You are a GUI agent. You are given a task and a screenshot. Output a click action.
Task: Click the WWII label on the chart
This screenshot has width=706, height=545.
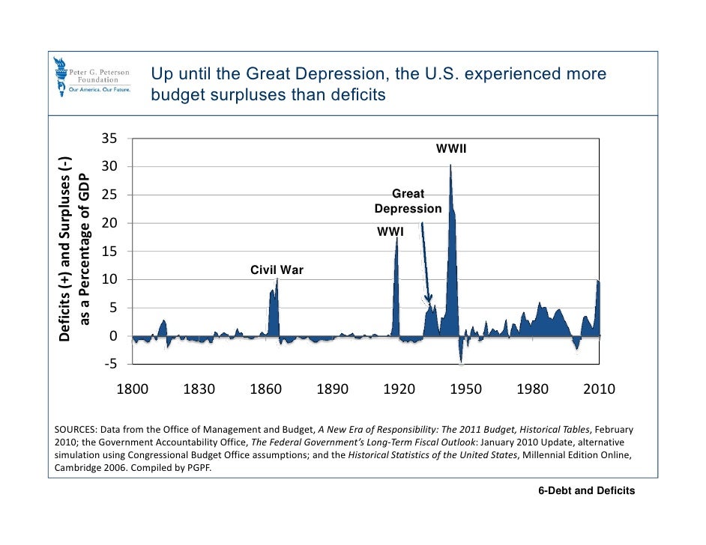point(451,150)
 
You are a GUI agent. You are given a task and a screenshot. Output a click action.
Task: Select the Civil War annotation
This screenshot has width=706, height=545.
point(277,270)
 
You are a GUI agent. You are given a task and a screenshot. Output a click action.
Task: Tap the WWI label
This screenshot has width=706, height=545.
point(390,232)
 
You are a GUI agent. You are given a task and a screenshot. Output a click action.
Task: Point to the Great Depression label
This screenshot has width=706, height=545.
point(408,201)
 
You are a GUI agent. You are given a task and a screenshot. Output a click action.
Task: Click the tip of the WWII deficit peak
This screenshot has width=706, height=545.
point(450,165)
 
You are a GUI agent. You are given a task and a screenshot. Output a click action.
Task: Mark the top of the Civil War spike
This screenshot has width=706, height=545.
point(277,279)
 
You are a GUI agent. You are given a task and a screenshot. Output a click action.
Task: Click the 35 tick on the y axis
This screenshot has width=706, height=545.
point(109,138)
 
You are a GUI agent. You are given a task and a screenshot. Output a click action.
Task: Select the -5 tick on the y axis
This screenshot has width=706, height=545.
point(109,365)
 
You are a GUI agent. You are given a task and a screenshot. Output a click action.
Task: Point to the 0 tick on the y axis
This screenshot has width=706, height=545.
point(112,336)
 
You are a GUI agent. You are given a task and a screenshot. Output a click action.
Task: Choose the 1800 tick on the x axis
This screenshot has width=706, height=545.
point(133,389)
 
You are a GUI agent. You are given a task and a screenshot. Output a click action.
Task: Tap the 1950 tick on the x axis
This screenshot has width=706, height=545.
point(466,389)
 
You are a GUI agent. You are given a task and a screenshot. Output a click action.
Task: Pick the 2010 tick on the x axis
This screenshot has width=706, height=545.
point(600,389)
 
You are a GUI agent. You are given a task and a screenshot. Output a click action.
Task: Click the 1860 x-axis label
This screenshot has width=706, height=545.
point(266,389)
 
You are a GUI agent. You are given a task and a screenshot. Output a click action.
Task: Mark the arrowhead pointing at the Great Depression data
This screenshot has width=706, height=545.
point(429,303)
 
